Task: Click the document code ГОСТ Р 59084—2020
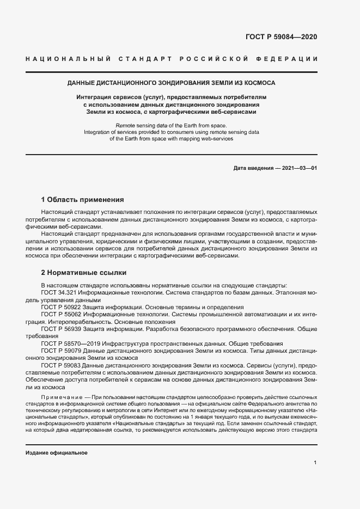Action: (x=278, y=37)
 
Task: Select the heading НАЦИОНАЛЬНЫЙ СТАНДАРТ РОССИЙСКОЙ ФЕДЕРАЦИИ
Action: (x=172, y=59)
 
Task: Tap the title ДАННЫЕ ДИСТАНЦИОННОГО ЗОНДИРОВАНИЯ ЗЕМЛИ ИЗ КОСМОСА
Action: (x=171, y=83)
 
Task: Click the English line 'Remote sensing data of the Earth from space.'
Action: (x=171, y=125)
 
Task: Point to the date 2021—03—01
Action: (x=298, y=168)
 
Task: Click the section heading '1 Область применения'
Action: (x=83, y=200)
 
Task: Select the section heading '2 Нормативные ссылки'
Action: (x=84, y=272)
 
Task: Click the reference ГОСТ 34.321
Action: (x=59, y=292)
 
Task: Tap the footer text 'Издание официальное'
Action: (x=57, y=453)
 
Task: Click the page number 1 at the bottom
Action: (x=315, y=463)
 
